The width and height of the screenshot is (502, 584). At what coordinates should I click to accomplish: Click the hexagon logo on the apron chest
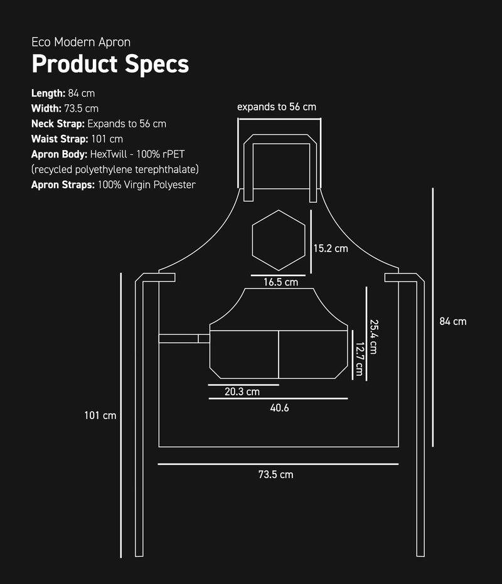(x=252, y=240)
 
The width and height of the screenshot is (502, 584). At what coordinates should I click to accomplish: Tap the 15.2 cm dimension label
(x=331, y=248)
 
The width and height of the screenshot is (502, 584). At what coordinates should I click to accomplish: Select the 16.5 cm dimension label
(x=280, y=282)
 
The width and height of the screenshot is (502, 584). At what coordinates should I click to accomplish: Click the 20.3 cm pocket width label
(x=242, y=391)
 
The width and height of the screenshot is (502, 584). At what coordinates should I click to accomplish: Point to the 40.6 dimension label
(x=279, y=408)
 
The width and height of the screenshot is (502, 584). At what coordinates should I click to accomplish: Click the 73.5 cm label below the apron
(x=275, y=474)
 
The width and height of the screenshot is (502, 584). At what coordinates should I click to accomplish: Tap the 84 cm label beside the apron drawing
(x=453, y=321)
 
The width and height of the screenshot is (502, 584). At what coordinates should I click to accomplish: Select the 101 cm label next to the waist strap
(x=100, y=415)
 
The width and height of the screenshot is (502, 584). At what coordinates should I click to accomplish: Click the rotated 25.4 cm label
(x=374, y=337)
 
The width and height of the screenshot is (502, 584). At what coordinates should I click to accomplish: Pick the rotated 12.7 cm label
(x=360, y=359)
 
